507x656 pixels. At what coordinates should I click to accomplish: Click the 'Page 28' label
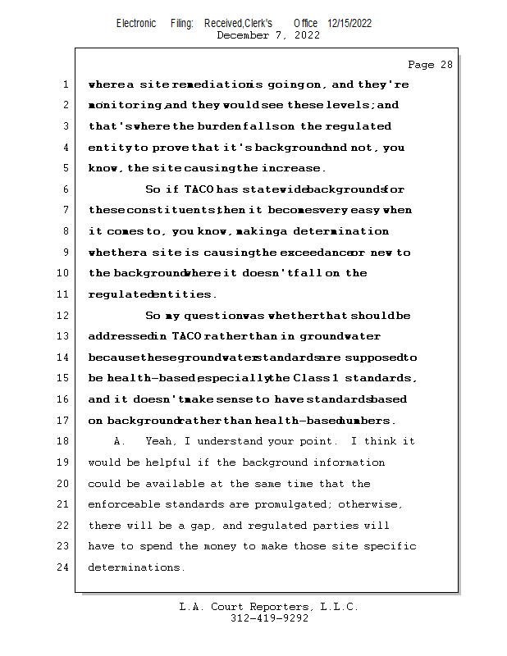click(x=430, y=65)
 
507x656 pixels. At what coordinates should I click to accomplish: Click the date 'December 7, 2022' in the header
click(x=268, y=35)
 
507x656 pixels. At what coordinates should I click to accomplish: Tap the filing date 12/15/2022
click(x=349, y=23)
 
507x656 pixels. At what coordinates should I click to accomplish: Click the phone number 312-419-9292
click(x=269, y=618)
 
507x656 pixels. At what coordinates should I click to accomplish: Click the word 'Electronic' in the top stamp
click(x=136, y=23)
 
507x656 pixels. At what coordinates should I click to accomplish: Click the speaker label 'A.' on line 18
click(x=120, y=441)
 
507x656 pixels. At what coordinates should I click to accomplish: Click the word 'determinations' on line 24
click(x=136, y=567)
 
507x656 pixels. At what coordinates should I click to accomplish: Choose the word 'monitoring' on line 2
click(x=126, y=106)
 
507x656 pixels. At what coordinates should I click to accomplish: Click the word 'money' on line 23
click(x=259, y=546)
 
